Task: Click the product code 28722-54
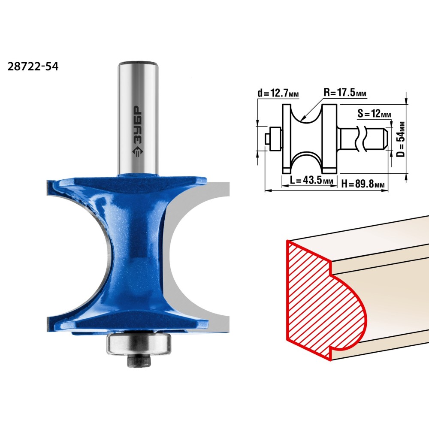33,66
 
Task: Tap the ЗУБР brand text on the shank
138,125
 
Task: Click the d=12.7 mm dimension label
278,93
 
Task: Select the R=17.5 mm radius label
345,93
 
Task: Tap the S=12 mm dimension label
374,113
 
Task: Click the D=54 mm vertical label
401,139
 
